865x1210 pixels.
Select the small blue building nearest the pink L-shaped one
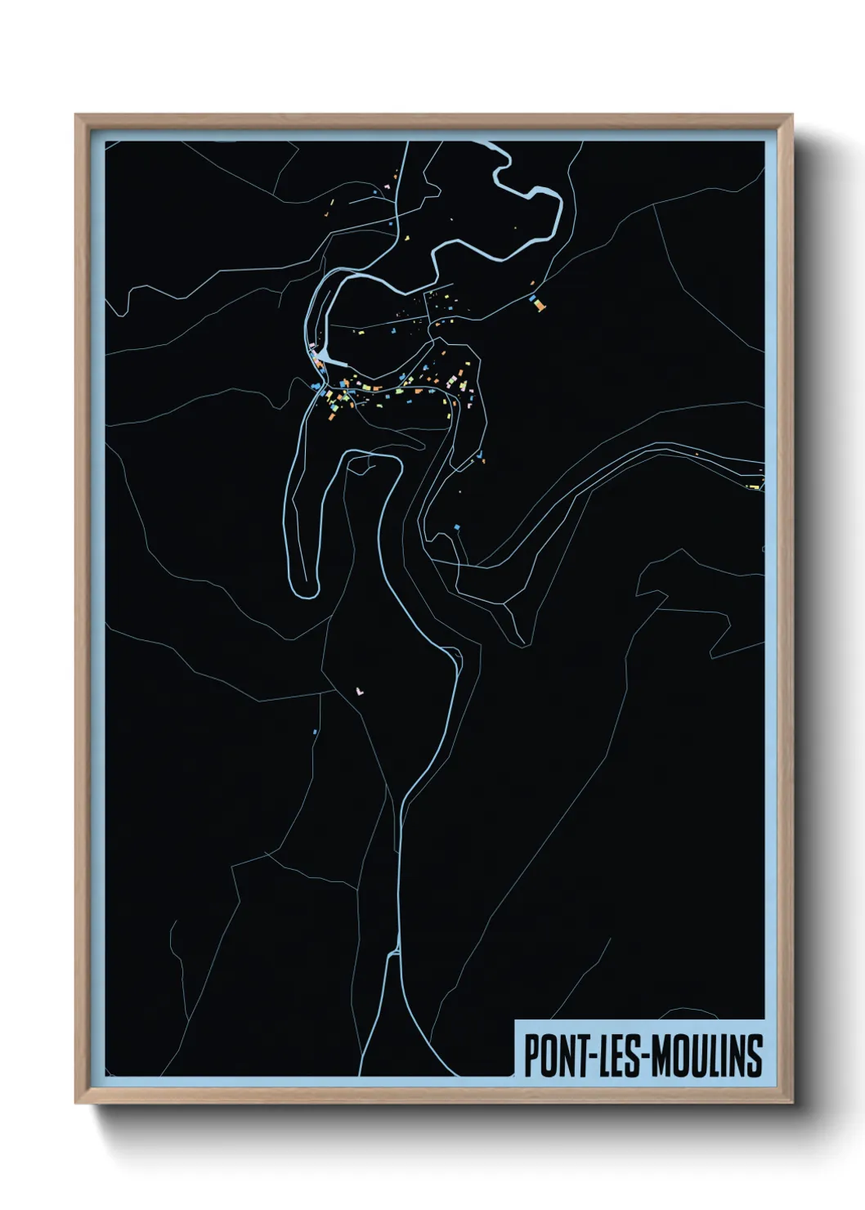click(315, 731)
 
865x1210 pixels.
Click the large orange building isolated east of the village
click(538, 305)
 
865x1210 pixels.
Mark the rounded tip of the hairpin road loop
click(304, 586)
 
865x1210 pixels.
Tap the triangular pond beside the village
click(327, 357)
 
